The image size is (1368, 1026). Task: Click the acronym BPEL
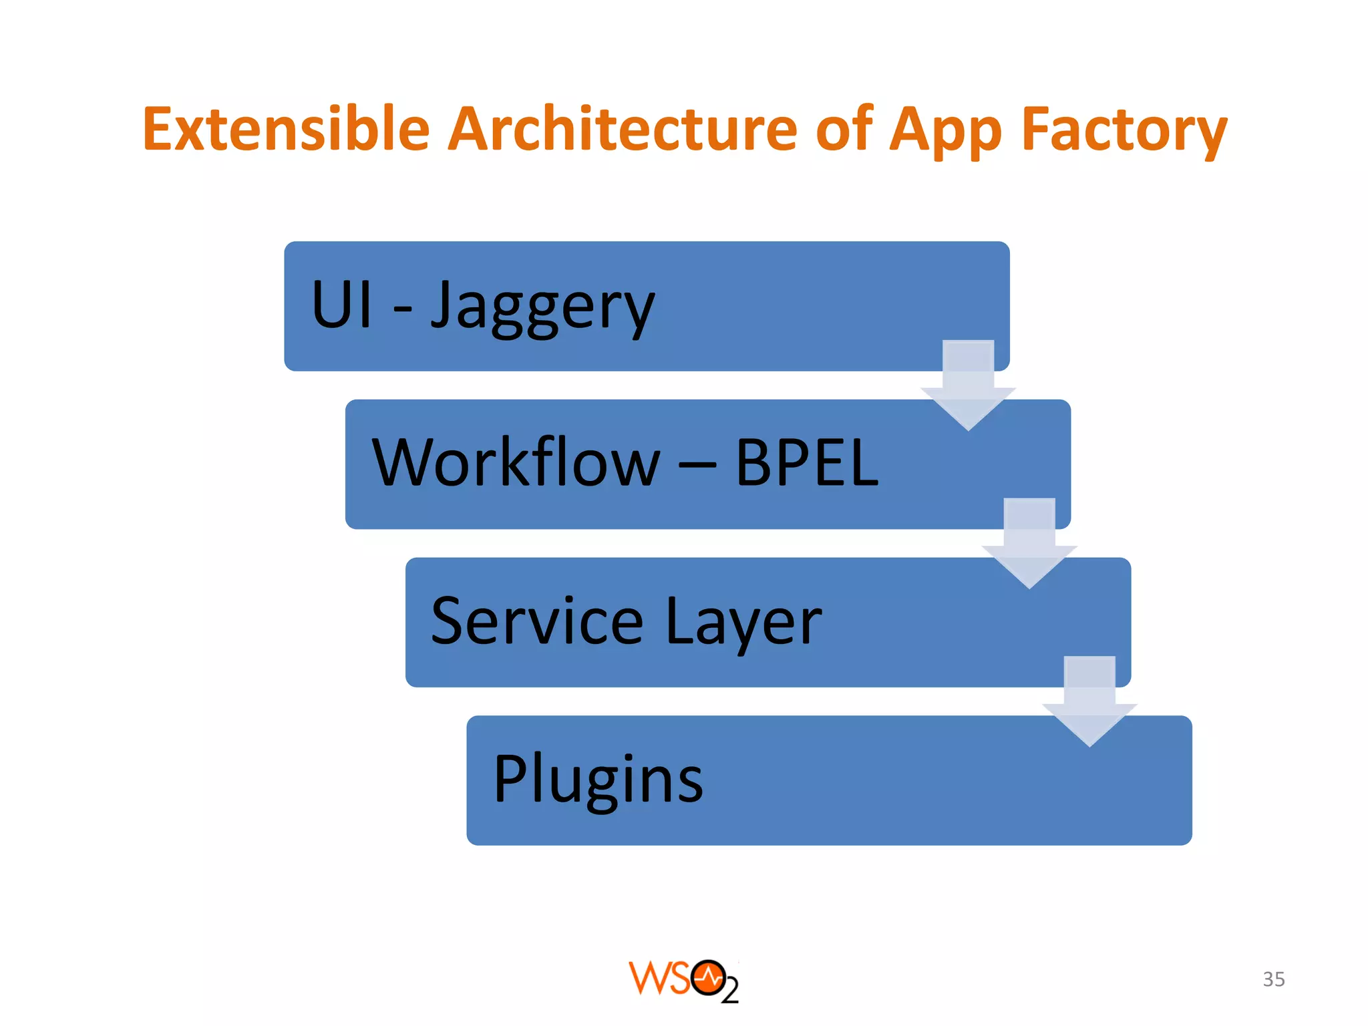tap(807, 462)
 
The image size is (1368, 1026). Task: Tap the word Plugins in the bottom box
tap(598, 780)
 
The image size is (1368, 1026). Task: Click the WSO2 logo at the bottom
tap(683, 981)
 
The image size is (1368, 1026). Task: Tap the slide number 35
tap(1273, 979)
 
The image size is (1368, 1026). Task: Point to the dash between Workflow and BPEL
tap(697, 462)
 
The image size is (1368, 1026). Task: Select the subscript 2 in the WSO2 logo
tap(730, 991)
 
